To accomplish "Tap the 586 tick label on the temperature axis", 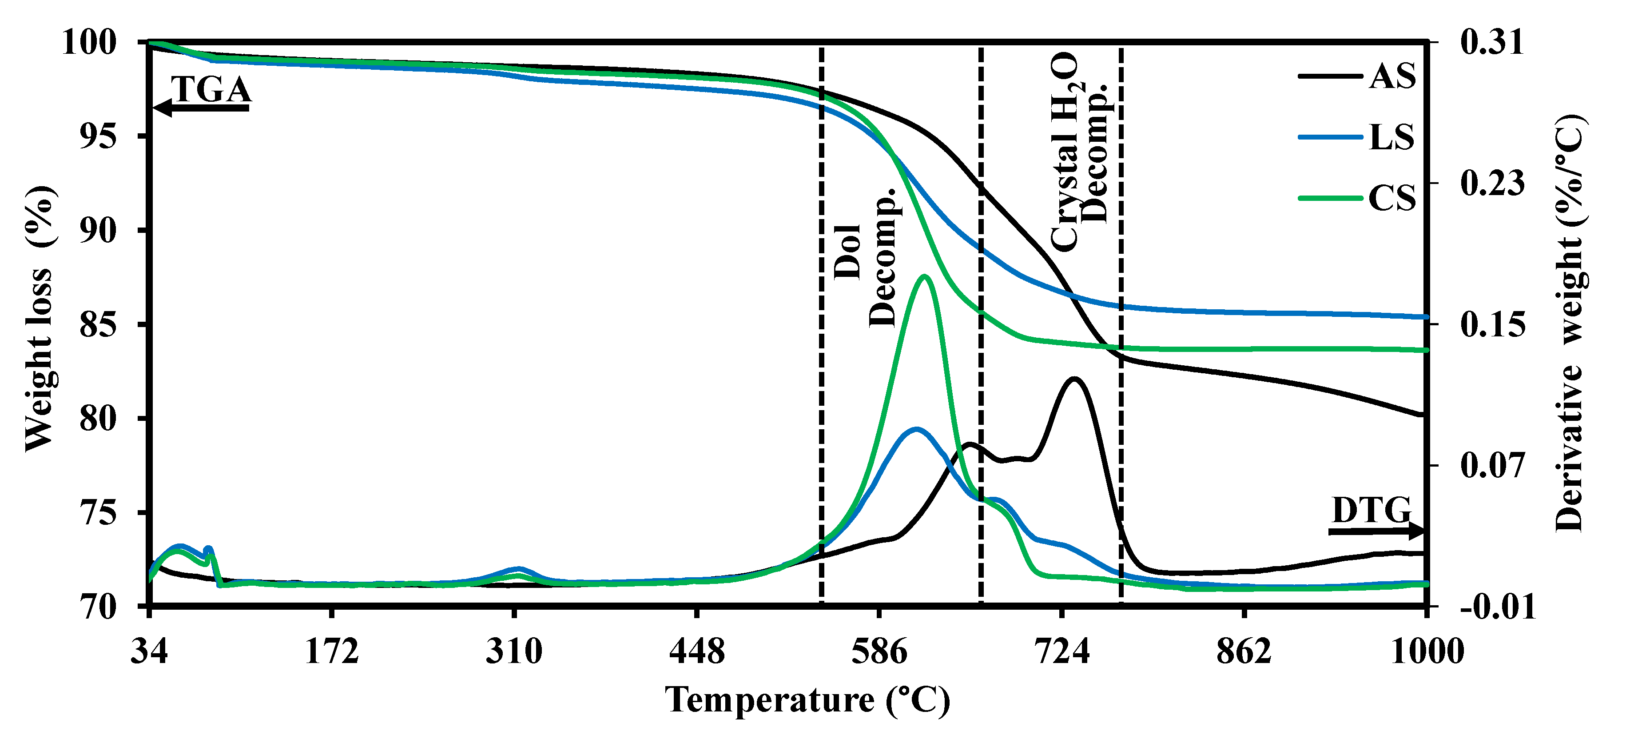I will [879, 651].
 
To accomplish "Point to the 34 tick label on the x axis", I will [149, 651].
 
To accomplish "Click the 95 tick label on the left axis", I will [98, 136].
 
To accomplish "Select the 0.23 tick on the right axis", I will [1492, 184].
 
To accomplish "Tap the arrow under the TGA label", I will [201, 108].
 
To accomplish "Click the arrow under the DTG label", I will [1376, 532].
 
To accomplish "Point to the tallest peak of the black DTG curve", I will [1074, 379].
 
